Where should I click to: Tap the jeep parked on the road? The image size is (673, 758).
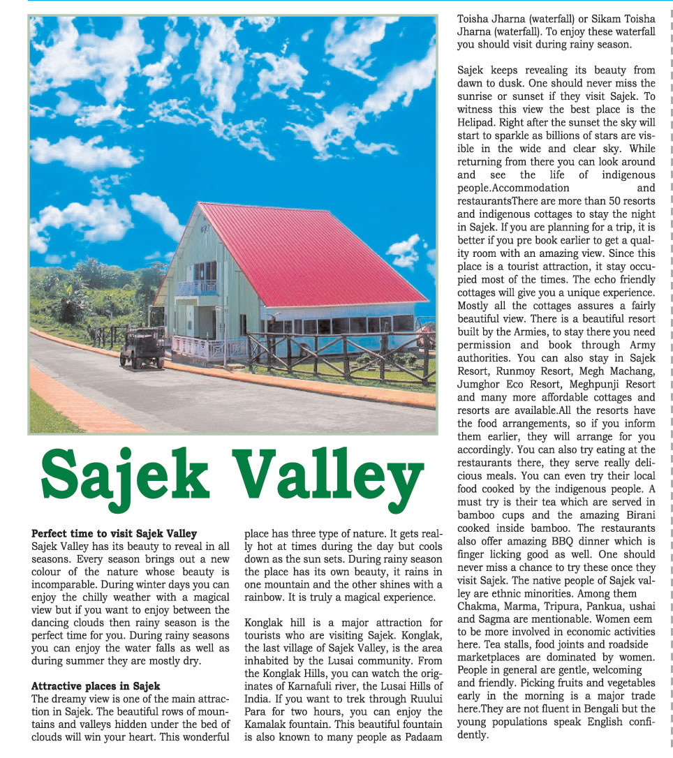point(142,348)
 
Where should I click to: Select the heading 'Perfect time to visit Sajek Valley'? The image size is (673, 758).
point(114,534)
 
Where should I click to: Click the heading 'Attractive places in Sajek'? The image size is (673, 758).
point(96,685)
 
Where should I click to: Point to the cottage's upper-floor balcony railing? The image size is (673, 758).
point(195,287)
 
